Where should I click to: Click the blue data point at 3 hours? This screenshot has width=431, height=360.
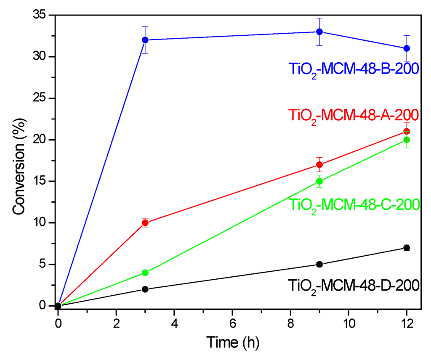pyautogui.click(x=145, y=40)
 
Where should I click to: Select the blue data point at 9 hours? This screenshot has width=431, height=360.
pyautogui.click(x=319, y=32)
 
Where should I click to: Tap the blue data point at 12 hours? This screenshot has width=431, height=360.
pyautogui.click(x=407, y=48)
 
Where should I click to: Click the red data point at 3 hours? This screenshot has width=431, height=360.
pyautogui.click(x=145, y=223)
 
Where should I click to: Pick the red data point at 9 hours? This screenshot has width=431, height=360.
pyautogui.click(x=319, y=164)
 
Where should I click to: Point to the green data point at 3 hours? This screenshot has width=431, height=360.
pyautogui.click(x=145, y=273)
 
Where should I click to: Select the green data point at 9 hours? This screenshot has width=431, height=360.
pyautogui.click(x=319, y=181)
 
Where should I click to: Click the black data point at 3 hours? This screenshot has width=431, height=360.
pyautogui.click(x=145, y=289)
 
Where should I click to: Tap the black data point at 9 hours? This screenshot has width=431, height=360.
pyautogui.click(x=319, y=264)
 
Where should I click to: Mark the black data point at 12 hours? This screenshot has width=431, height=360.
pyautogui.click(x=407, y=248)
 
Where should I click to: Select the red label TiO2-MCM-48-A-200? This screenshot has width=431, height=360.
pyautogui.click(x=353, y=115)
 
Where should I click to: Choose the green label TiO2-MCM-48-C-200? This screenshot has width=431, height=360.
pyautogui.click(x=353, y=205)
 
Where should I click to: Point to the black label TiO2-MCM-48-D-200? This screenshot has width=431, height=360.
pyautogui.click(x=353, y=286)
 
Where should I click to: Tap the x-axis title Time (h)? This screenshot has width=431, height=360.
pyautogui.click(x=233, y=342)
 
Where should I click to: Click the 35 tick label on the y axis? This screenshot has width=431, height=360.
pyautogui.click(x=41, y=15)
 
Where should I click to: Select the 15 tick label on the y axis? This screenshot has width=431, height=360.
pyautogui.click(x=41, y=181)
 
